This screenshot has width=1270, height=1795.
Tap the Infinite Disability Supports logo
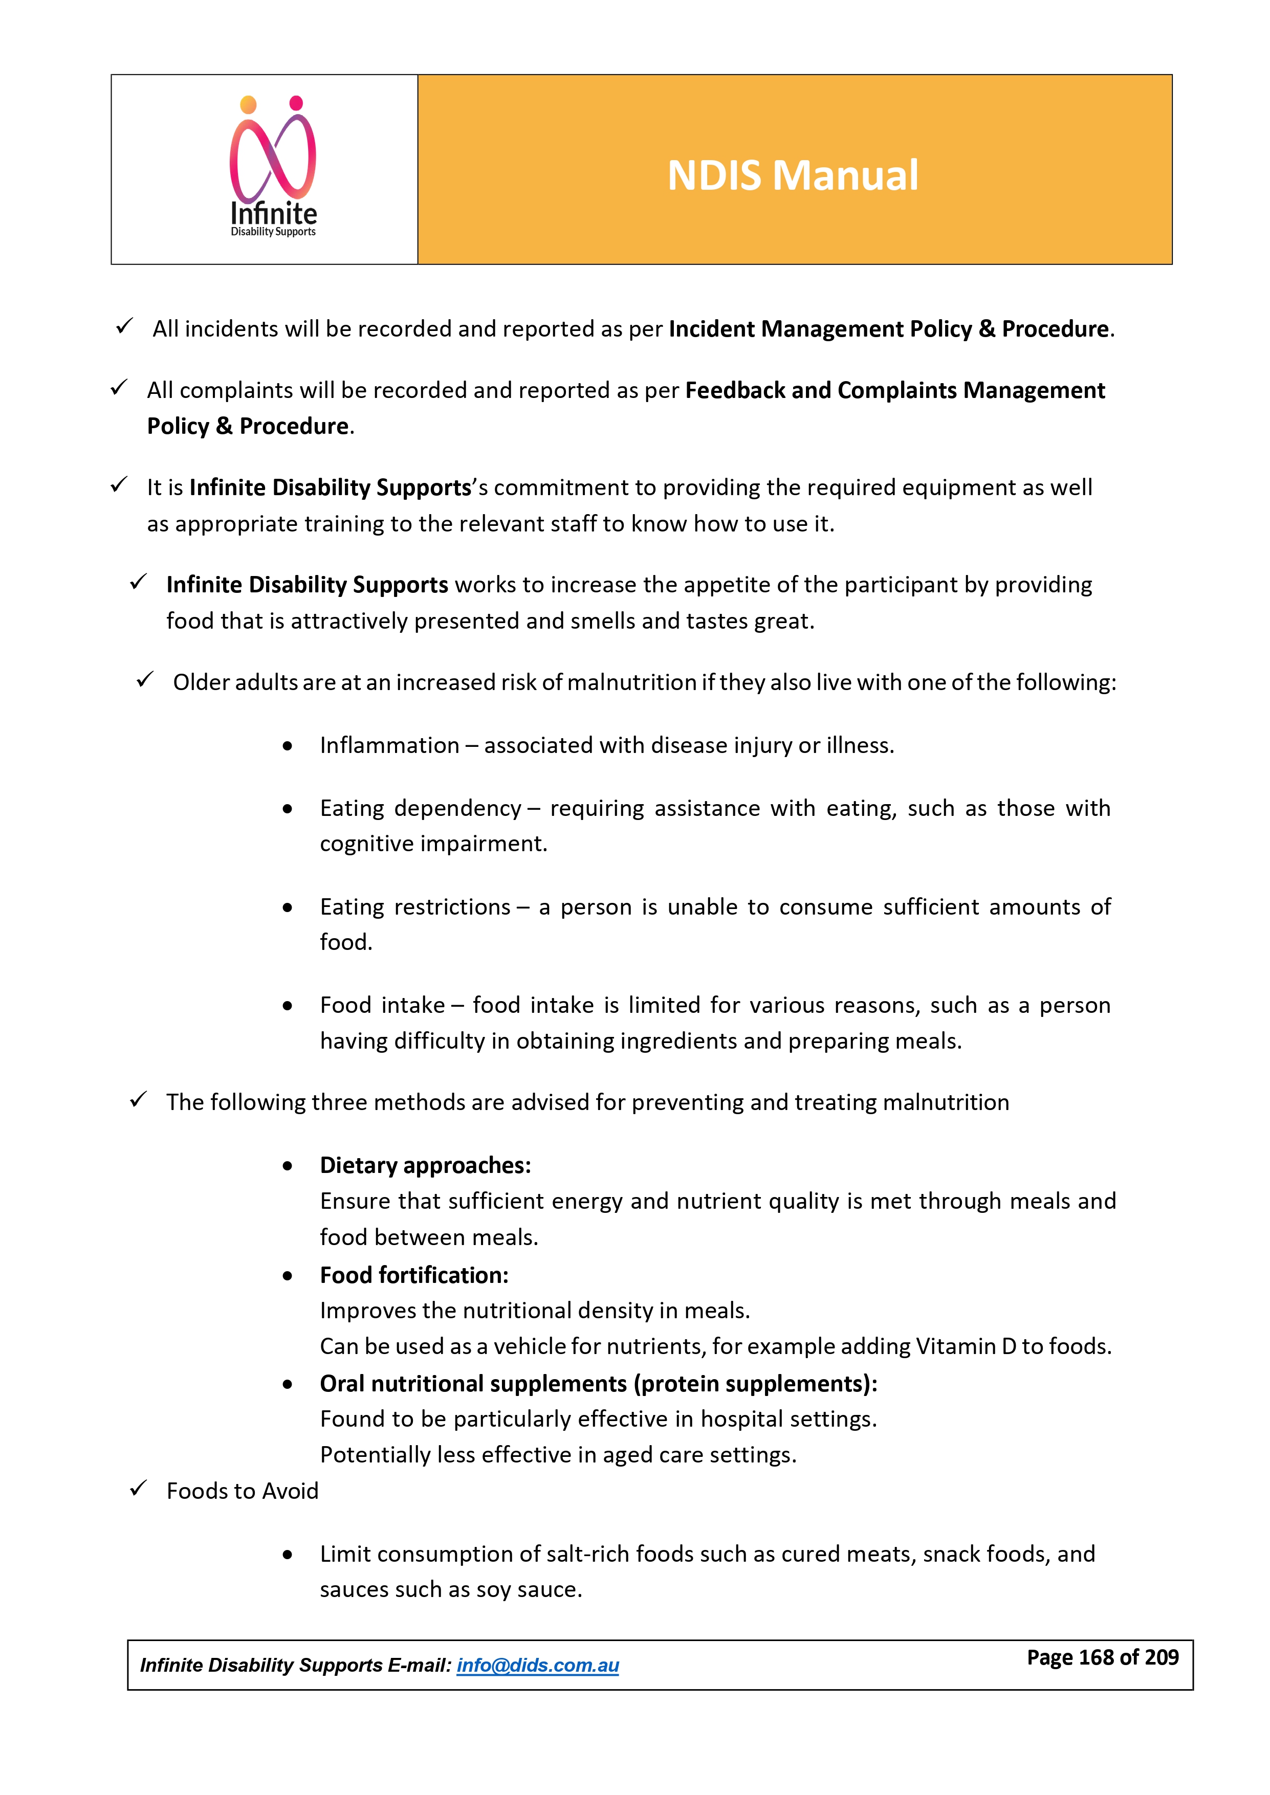tap(273, 167)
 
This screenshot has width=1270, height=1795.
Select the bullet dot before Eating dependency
tap(288, 809)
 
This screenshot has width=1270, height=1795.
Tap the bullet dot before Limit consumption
tap(288, 1555)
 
